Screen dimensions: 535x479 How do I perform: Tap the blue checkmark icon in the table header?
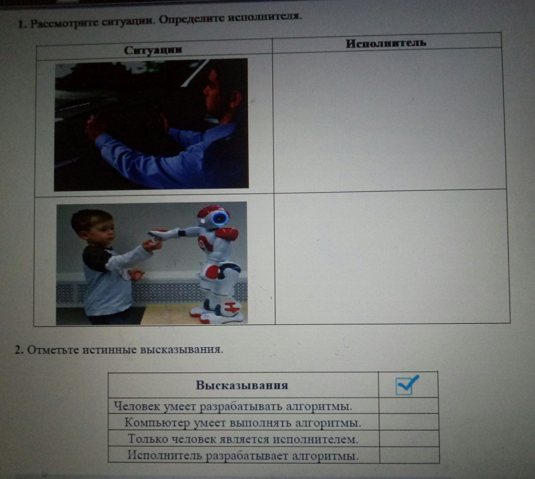coord(407,385)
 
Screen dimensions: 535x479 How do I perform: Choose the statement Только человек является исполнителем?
coord(243,439)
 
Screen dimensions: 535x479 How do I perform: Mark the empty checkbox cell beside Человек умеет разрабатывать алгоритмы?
coord(408,406)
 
